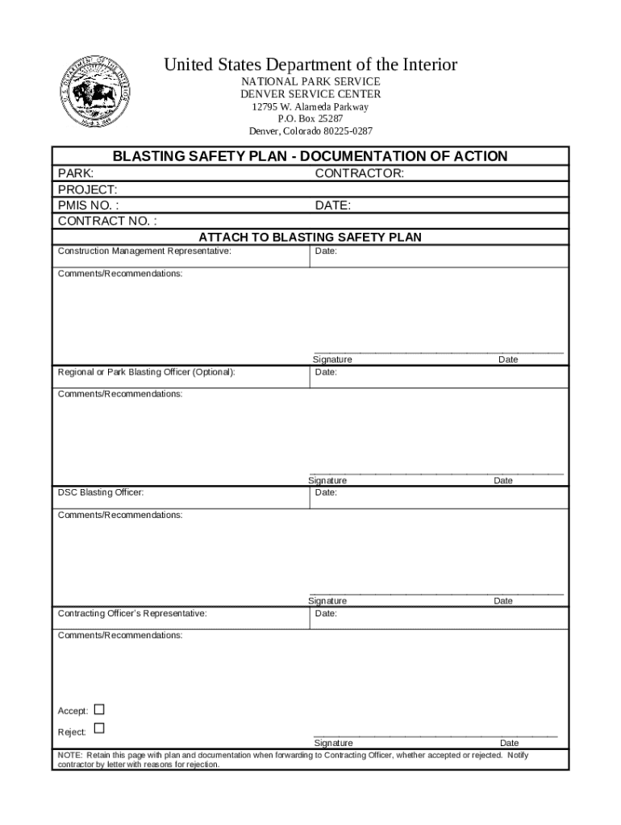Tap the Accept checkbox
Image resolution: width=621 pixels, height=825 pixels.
point(99,710)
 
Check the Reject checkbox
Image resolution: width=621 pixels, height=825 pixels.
point(99,728)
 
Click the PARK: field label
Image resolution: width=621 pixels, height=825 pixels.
point(76,173)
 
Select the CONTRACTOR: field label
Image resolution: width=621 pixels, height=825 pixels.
point(359,173)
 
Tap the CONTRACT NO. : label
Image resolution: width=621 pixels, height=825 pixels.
point(107,222)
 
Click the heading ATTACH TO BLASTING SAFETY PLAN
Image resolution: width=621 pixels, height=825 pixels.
point(310,237)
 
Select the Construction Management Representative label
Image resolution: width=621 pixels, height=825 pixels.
point(144,251)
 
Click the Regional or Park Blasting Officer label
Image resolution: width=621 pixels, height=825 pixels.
point(147,372)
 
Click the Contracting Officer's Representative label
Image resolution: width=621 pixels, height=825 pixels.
point(132,613)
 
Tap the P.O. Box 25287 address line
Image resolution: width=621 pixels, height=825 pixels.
point(310,118)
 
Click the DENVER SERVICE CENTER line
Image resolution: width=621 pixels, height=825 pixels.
point(310,94)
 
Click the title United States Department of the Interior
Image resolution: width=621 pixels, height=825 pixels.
point(310,64)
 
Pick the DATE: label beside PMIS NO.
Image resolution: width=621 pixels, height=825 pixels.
point(332,205)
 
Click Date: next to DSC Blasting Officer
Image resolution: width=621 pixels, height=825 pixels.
point(326,492)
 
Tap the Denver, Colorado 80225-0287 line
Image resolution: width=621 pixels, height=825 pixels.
point(310,131)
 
